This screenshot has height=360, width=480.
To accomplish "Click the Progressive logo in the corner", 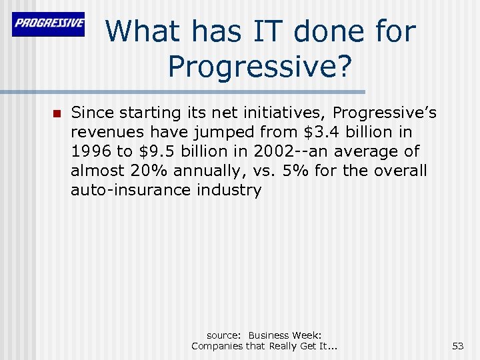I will [x=49, y=25].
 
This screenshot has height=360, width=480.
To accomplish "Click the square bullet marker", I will [x=56, y=113].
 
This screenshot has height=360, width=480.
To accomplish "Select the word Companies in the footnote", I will [x=219, y=346].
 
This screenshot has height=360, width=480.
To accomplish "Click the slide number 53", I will [x=457, y=346].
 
